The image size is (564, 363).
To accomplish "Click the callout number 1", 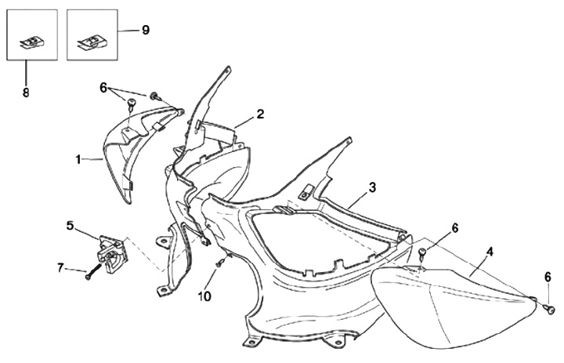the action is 78,159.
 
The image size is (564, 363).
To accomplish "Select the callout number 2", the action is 260,114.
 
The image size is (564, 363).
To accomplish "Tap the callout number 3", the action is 372,187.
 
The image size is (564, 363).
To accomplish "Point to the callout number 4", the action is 490,252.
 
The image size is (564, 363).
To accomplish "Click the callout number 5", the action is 70,226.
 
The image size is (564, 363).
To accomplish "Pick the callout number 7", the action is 60,269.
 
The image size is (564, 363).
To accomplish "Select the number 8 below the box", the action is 25,92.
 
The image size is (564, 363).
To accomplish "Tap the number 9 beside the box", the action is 145,30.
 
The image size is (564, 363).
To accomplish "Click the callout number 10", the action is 204,296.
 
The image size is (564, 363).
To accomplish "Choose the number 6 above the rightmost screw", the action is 548,277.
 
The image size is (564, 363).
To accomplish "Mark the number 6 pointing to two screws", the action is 103,87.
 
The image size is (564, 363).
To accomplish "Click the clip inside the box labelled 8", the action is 31,42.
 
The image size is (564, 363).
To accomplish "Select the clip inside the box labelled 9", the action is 91,40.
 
